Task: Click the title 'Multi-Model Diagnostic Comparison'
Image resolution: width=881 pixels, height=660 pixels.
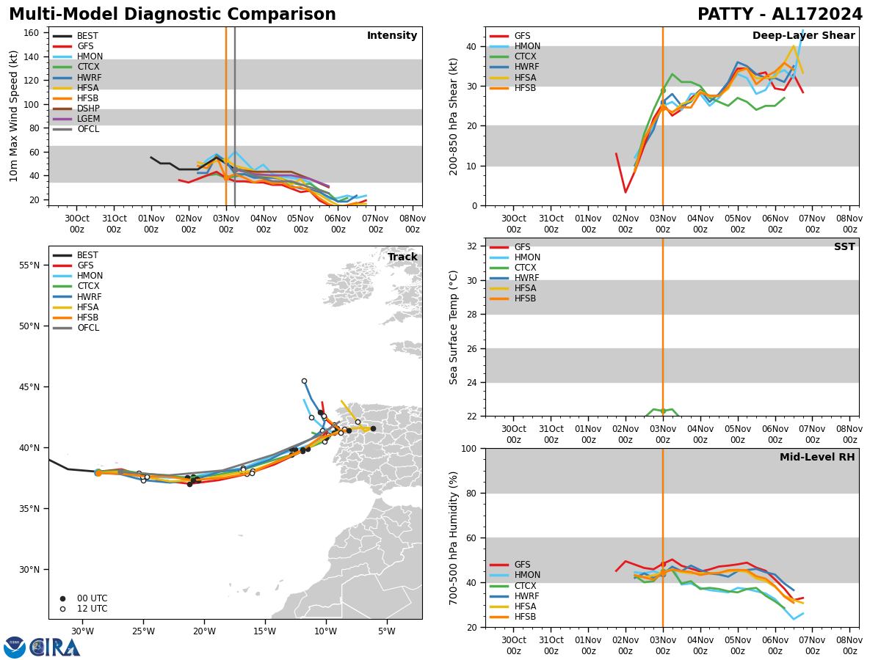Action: point(173,15)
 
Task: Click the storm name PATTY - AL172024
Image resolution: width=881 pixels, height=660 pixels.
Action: point(780,15)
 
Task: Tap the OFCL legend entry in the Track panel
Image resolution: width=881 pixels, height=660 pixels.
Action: point(88,328)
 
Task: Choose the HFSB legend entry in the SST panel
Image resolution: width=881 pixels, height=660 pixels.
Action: point(525,298)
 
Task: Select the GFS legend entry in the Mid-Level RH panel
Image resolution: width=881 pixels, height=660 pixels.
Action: point(522,565)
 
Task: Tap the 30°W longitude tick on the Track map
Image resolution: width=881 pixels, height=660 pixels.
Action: point(82,632)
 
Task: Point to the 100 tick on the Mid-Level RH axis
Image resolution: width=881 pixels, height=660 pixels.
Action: point(470,448)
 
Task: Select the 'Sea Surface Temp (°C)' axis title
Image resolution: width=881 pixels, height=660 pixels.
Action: point(454,327)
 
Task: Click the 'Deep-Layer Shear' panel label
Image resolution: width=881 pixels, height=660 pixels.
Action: point(803,36)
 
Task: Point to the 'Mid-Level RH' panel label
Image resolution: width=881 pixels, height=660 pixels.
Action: point(817,458)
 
